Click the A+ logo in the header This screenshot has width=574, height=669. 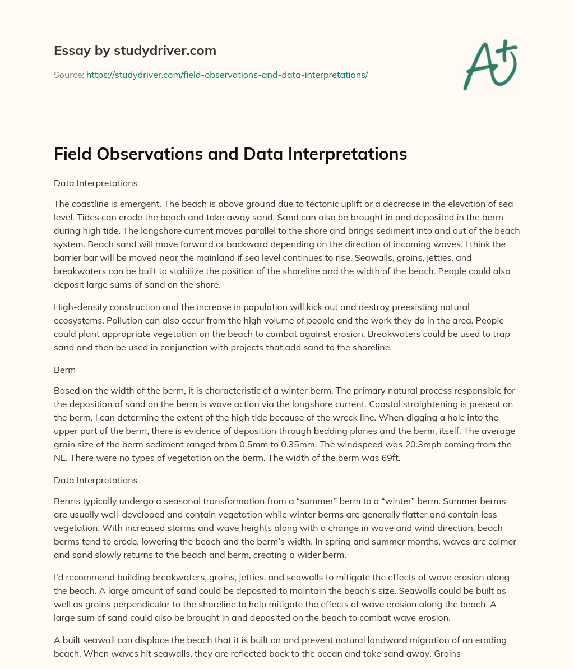point(489,64)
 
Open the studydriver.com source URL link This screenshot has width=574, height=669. point(227,75)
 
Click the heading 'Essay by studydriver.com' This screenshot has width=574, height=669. point(135,50)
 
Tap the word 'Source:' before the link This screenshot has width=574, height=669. point(69,75)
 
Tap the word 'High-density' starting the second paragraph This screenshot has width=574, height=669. point(78,307)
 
